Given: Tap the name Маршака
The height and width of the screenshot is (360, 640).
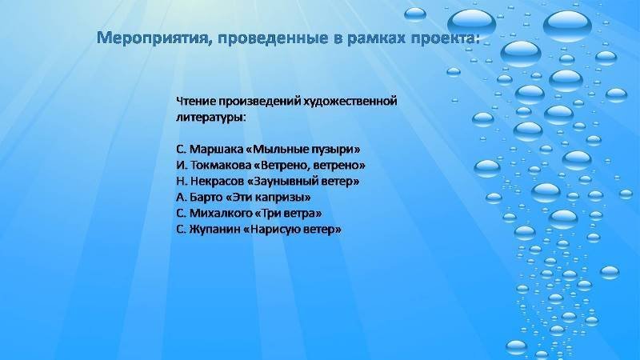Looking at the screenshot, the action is [x=216, y=150].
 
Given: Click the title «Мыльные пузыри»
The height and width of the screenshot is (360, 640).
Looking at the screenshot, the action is [x=303, y=150].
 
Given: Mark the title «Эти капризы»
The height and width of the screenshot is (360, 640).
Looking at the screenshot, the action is [x=268, y=198].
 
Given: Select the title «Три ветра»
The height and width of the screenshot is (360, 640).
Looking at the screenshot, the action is [x=289, y=214].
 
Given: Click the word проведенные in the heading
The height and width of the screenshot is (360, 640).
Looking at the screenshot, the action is [x=273, y=38].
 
